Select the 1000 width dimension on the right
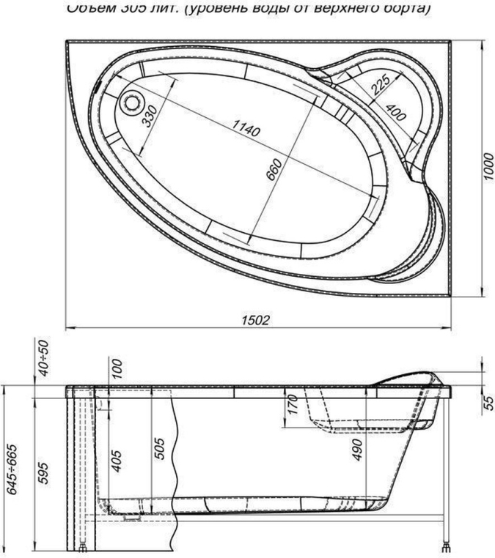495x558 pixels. (x=485, y=168)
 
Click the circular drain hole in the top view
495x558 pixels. (x=133, y=102)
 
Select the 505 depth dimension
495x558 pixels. (x=161, y=445)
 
